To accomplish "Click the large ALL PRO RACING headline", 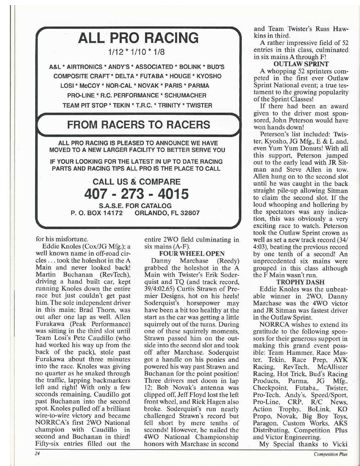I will [x=138, y=38].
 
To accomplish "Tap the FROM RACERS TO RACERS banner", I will [x=138, y=125].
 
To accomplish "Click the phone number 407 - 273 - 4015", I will [x=137, y=194].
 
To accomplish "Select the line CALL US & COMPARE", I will [x=137, y=182].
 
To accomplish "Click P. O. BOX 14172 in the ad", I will [x=97, y=213].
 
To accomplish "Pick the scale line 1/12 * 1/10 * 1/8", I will [x=138, y=52].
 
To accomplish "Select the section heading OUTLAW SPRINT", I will [x=301, y=64].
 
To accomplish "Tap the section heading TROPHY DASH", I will [x=300, y=282].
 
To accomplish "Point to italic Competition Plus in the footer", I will [x=331, y=454].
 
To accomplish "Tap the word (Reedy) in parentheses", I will [x=228, y=261].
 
